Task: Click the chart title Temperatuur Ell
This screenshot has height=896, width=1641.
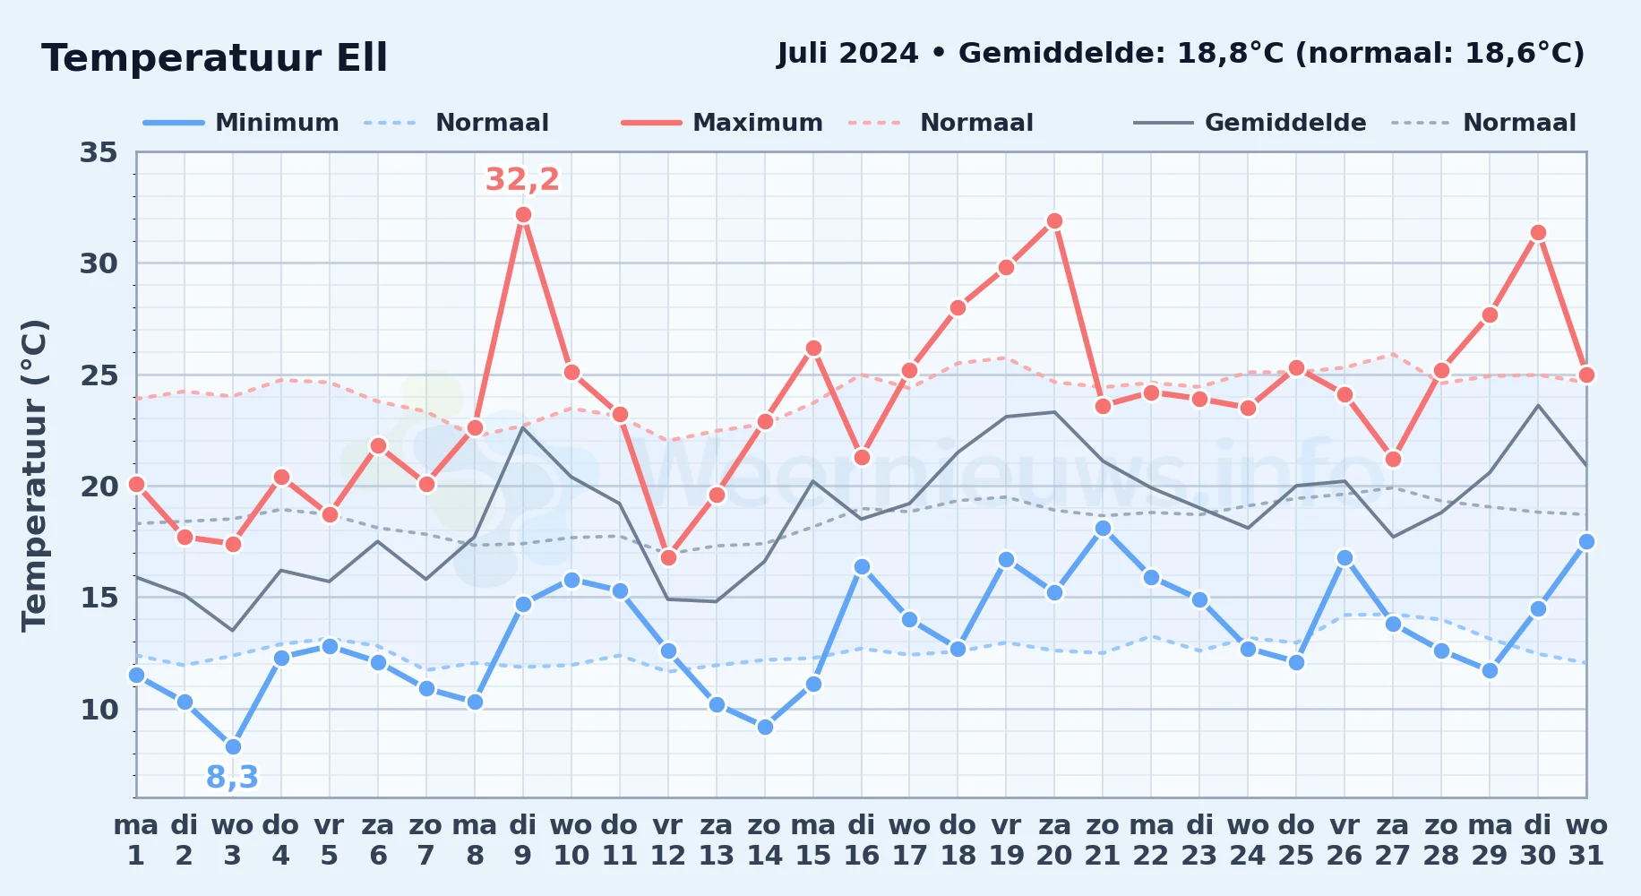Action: tap(215, 58)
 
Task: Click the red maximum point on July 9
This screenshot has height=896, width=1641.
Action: tap(523, 215)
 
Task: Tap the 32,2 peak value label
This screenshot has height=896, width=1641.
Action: tap(522, 179)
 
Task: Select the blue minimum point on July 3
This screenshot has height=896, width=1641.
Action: tap(233, 746)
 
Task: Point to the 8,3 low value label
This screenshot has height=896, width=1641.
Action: tap(232, 777)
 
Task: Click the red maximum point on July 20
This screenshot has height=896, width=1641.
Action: tap(1054, 221)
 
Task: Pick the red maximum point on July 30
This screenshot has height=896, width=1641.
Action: tap(1538, 233)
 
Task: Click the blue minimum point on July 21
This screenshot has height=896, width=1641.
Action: tap(1103, 529)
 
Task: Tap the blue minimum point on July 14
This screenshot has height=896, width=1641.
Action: tap(765, 727)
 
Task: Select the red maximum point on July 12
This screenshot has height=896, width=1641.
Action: tap(668, 557)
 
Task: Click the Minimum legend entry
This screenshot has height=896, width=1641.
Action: tap(241, 123)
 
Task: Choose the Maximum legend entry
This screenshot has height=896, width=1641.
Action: tap(722, 123)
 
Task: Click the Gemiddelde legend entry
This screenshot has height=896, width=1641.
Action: tap(1250, 123)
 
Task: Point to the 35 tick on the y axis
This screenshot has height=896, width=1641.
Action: tap(99, 152)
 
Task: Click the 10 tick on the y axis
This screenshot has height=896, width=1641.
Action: tap(99, 710)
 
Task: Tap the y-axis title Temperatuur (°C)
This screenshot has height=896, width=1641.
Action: tap(35, 475)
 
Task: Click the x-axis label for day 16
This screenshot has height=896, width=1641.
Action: tap(861, 840)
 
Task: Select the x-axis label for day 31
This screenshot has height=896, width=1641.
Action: tap(1586, 840)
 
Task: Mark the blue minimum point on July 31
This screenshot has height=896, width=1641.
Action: tap(1586, 542)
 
